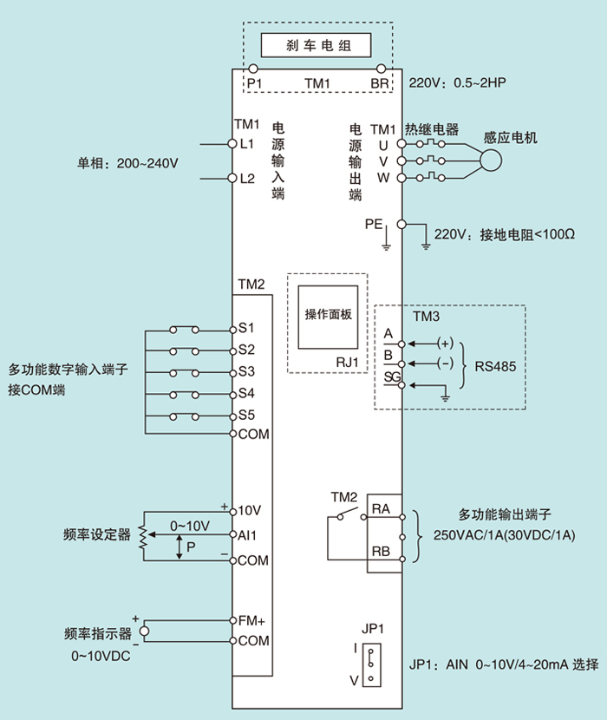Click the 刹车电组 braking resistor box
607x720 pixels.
click(x=317, y=44)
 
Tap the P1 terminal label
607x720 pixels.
click(x=254, y=83)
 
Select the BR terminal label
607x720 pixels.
click(x=379, y=83)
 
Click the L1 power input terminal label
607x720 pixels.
click(x=247, y=143)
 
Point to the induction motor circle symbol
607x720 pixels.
click(x=492, y=160)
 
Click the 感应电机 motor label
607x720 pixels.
click(x=512, y=138)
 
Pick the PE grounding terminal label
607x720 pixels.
click(x=373, y=224)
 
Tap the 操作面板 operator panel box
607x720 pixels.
click(x=328, y=315)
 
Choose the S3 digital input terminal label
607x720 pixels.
click(x=246, y=371)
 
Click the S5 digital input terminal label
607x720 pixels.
click(x=246, y=414)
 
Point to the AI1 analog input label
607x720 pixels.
click(x=248, y=536)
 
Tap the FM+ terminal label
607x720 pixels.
click(x=251, y=620)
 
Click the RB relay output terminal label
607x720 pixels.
click(x=380, y=551)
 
